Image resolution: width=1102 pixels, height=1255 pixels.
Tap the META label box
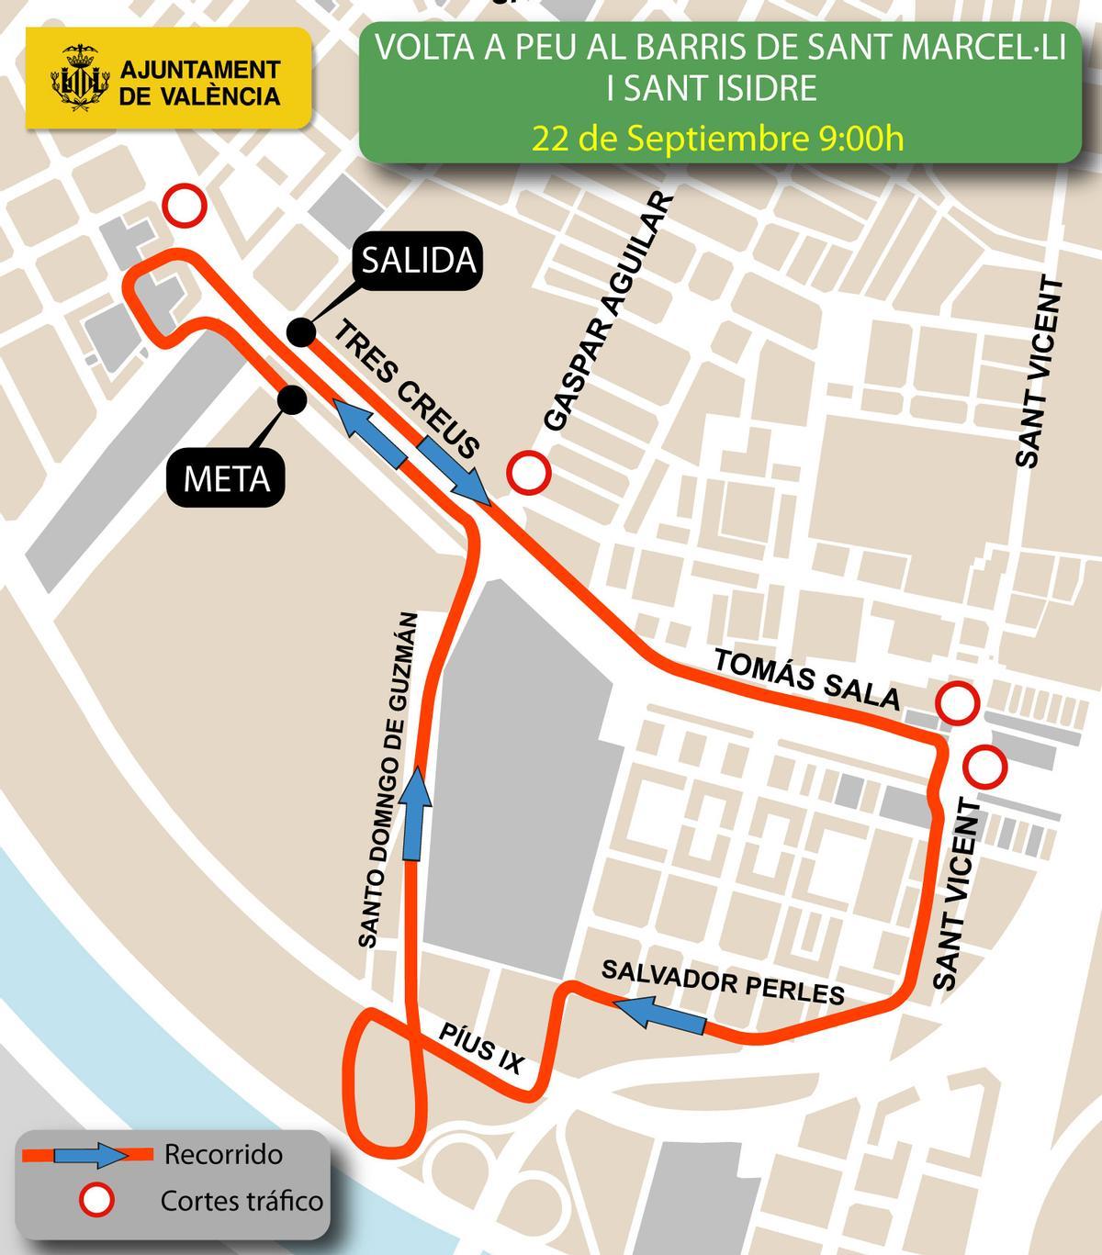226,478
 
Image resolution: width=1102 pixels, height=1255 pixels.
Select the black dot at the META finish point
292,399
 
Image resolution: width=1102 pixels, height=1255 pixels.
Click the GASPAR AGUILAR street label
607,312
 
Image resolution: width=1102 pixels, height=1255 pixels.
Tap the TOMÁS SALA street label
807,678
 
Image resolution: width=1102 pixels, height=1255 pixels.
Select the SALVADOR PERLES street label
722,982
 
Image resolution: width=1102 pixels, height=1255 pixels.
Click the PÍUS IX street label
480,1049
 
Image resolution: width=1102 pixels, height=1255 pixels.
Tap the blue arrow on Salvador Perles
659,1015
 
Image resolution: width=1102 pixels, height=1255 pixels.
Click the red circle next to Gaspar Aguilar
529,473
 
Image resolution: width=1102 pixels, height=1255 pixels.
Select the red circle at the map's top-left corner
185,207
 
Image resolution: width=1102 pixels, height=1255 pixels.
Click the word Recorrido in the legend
223,1154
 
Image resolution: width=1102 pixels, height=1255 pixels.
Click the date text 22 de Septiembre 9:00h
718,139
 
